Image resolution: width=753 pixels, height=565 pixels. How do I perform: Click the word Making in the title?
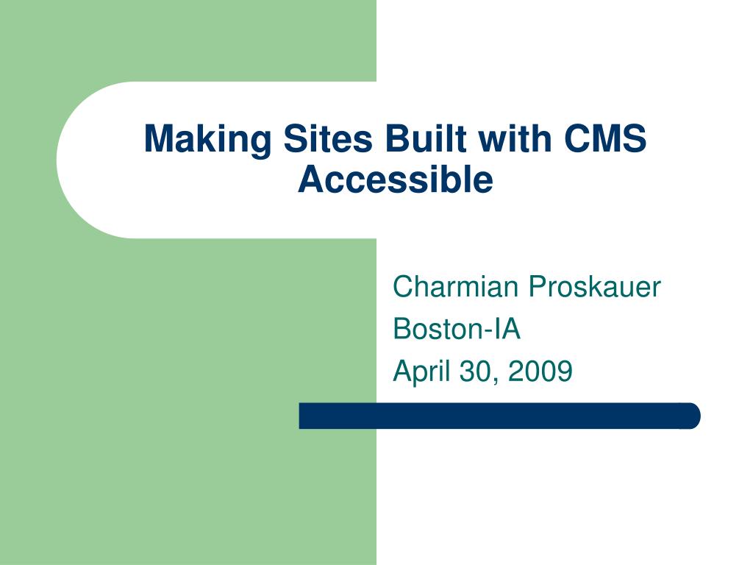click(x=208, y=139)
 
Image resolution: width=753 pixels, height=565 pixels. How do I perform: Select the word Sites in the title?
click(x=328, y=138)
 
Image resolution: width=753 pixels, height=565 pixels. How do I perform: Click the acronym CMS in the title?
click(x=605, y=138)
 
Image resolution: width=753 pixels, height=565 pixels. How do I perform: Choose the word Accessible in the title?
click(x=395, y=180)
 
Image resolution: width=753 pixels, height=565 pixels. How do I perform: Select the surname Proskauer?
click(x=594, y=286)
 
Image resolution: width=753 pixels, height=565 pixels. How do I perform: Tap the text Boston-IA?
click(x=456, y=329)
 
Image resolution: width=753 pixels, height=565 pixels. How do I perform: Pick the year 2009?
click(x=540, y=371)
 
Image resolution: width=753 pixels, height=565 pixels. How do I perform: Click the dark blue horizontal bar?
click(x=499, y=416)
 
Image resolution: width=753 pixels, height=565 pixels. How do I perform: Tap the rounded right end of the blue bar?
click(x=691, y=416)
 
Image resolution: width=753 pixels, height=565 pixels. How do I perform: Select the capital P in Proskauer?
click(x=538, y=286)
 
